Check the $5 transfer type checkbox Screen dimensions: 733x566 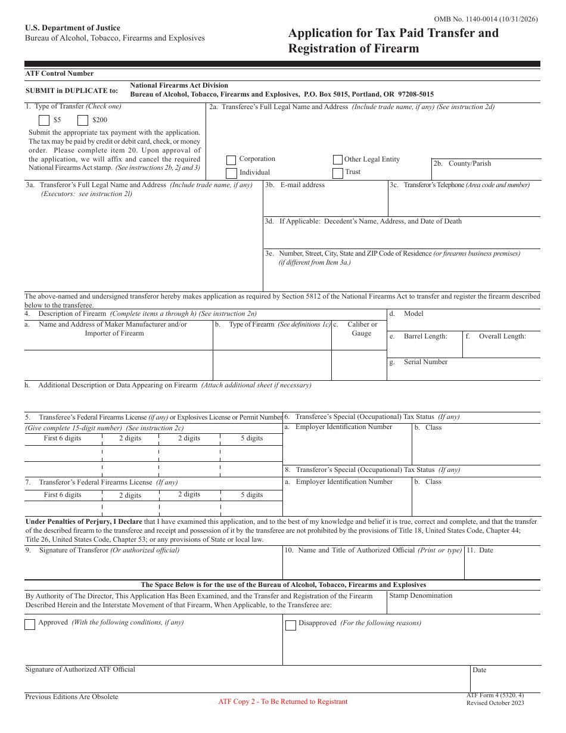click(x=44, y=120)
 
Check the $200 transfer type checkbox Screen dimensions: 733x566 click(x=83, y=120)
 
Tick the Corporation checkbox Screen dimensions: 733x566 click(x=231, y=160)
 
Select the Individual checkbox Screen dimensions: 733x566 click(x=231, y=173)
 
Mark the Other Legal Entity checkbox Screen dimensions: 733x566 click(x=338, y=160)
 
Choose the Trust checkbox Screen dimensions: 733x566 click(x=338, y=173)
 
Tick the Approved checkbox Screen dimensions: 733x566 click(x=30, y=625)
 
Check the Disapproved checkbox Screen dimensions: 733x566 click(x=291, y=625)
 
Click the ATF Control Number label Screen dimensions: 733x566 click(x=60, y=74)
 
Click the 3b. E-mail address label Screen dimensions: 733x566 click(x=296, y=185)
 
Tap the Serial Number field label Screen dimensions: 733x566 click(x=425, y=362)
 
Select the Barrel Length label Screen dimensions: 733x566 click(x=425, y=337)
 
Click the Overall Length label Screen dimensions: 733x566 click(x=502, y=337)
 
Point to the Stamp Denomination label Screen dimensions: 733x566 click(x=421, y=596)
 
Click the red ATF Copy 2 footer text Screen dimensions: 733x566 click(x=282, y=702)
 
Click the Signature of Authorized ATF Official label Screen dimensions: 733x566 click(x=80, y=670)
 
